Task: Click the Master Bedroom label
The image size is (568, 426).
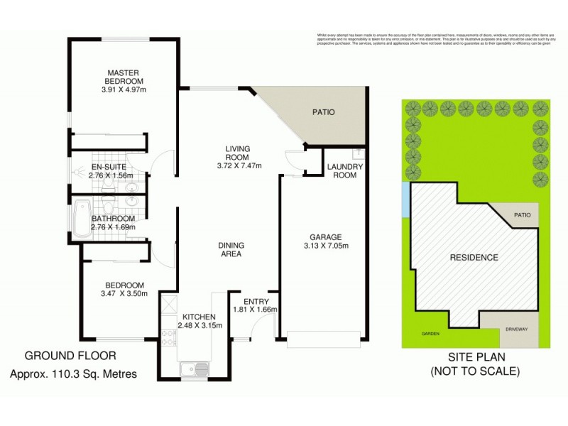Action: (121, 77)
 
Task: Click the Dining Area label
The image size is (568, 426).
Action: (231, 249)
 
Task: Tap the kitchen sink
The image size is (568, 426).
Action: (194, 369)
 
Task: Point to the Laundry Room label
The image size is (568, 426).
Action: (345, 171)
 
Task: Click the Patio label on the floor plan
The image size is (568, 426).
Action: (323, 111)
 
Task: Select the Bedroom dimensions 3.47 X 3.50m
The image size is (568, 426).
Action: (123, 293)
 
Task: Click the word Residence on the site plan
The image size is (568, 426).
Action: (474, 257)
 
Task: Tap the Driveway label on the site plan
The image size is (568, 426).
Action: (517, 330)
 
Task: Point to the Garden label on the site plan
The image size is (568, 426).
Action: (430, 334)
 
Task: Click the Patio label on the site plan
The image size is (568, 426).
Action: (522, 214)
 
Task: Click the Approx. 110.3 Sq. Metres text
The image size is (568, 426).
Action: (74, 373)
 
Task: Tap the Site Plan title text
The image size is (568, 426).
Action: (475, 357)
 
